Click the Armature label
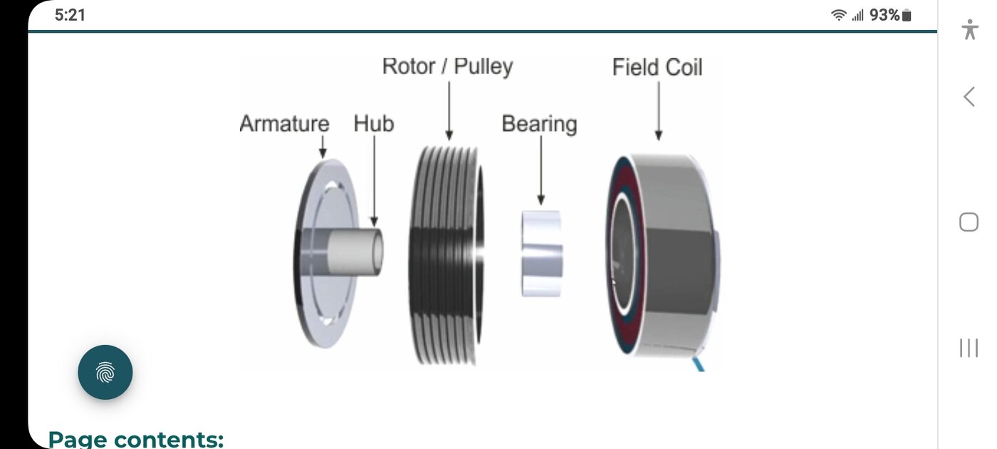pyautogui.click(x=284, y=123)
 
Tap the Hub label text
pyautogui.click(x=373, y=123)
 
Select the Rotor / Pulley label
pyautogui.click(x=447, y=66)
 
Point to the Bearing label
pyautogui.click(x=539, y=123)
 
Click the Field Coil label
pyautogui.click(x=657, y=67)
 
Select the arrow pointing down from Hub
pyautogui.click(x=374, y=182)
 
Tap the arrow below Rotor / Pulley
pyautogui.click(x=449, y=110)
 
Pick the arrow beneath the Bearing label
pyautogui.click(x=541, y=171)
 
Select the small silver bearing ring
pyautogui.click(x=541, y=253)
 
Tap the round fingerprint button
pyautogui.click(x=105, y=372)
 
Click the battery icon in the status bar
pyautogui.click(x=907, y=15)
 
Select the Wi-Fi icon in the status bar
pyautogui.click(x=839, y=15)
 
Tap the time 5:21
pyautogui.click(x=70, y=15)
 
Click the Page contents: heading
pyautogui.click(x=135, y=438)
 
